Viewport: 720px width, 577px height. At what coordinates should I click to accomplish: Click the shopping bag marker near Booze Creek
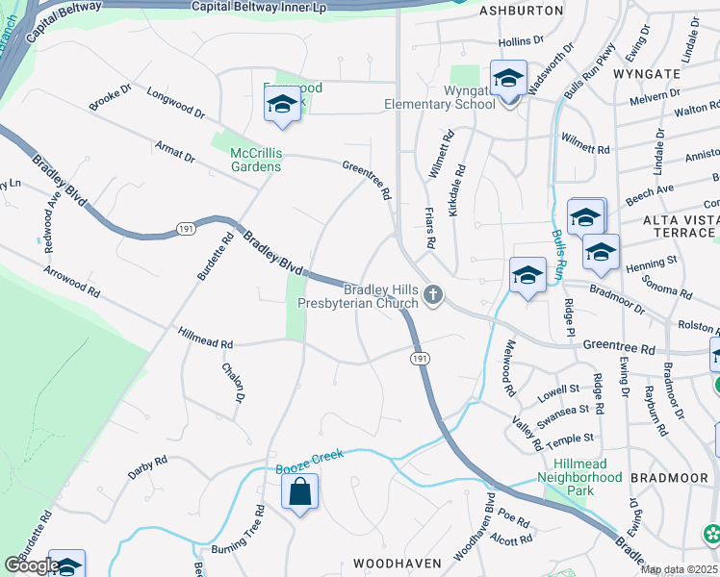click(300, 491)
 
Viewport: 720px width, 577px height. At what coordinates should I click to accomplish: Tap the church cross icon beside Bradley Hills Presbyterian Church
click(434, 296)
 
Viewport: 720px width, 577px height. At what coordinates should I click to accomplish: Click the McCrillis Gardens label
click(256, 160)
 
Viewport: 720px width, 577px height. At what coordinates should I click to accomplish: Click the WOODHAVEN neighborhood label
click(397, 563)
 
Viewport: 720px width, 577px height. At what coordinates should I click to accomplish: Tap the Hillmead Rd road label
click(206, 338)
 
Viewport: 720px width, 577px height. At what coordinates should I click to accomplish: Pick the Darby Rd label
click(147, 467)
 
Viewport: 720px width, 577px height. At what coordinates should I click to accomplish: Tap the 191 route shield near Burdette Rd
click(185, 228)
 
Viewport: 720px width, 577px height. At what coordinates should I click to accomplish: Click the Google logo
click(32, 565)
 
